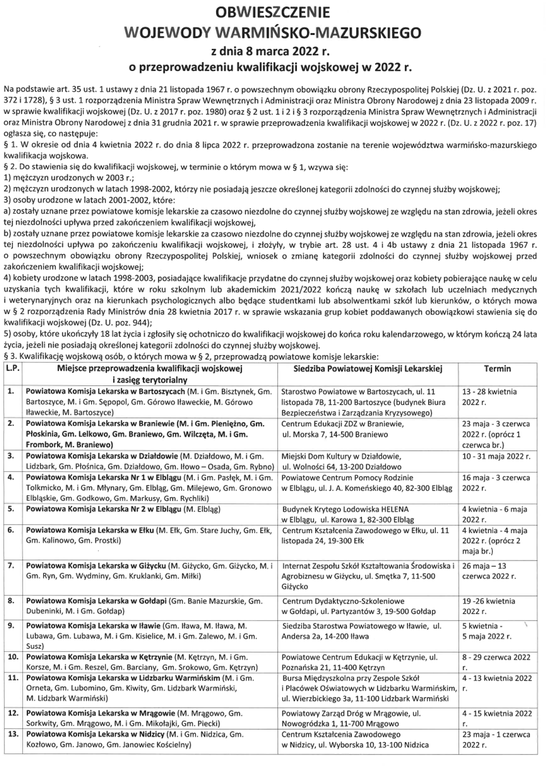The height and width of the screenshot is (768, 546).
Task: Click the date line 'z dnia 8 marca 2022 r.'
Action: (273, 50)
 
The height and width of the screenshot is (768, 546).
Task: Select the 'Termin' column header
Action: (497, 369)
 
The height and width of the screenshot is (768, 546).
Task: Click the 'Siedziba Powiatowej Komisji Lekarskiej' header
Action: (367, 369)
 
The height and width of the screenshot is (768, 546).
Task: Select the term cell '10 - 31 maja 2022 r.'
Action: (496, 456)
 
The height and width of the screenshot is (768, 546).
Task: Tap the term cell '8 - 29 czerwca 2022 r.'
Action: (496, 662)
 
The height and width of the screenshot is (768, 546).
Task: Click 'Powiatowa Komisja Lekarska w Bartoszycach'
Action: (105, 391)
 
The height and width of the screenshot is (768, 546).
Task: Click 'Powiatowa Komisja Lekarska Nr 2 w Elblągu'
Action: (103, 509)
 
